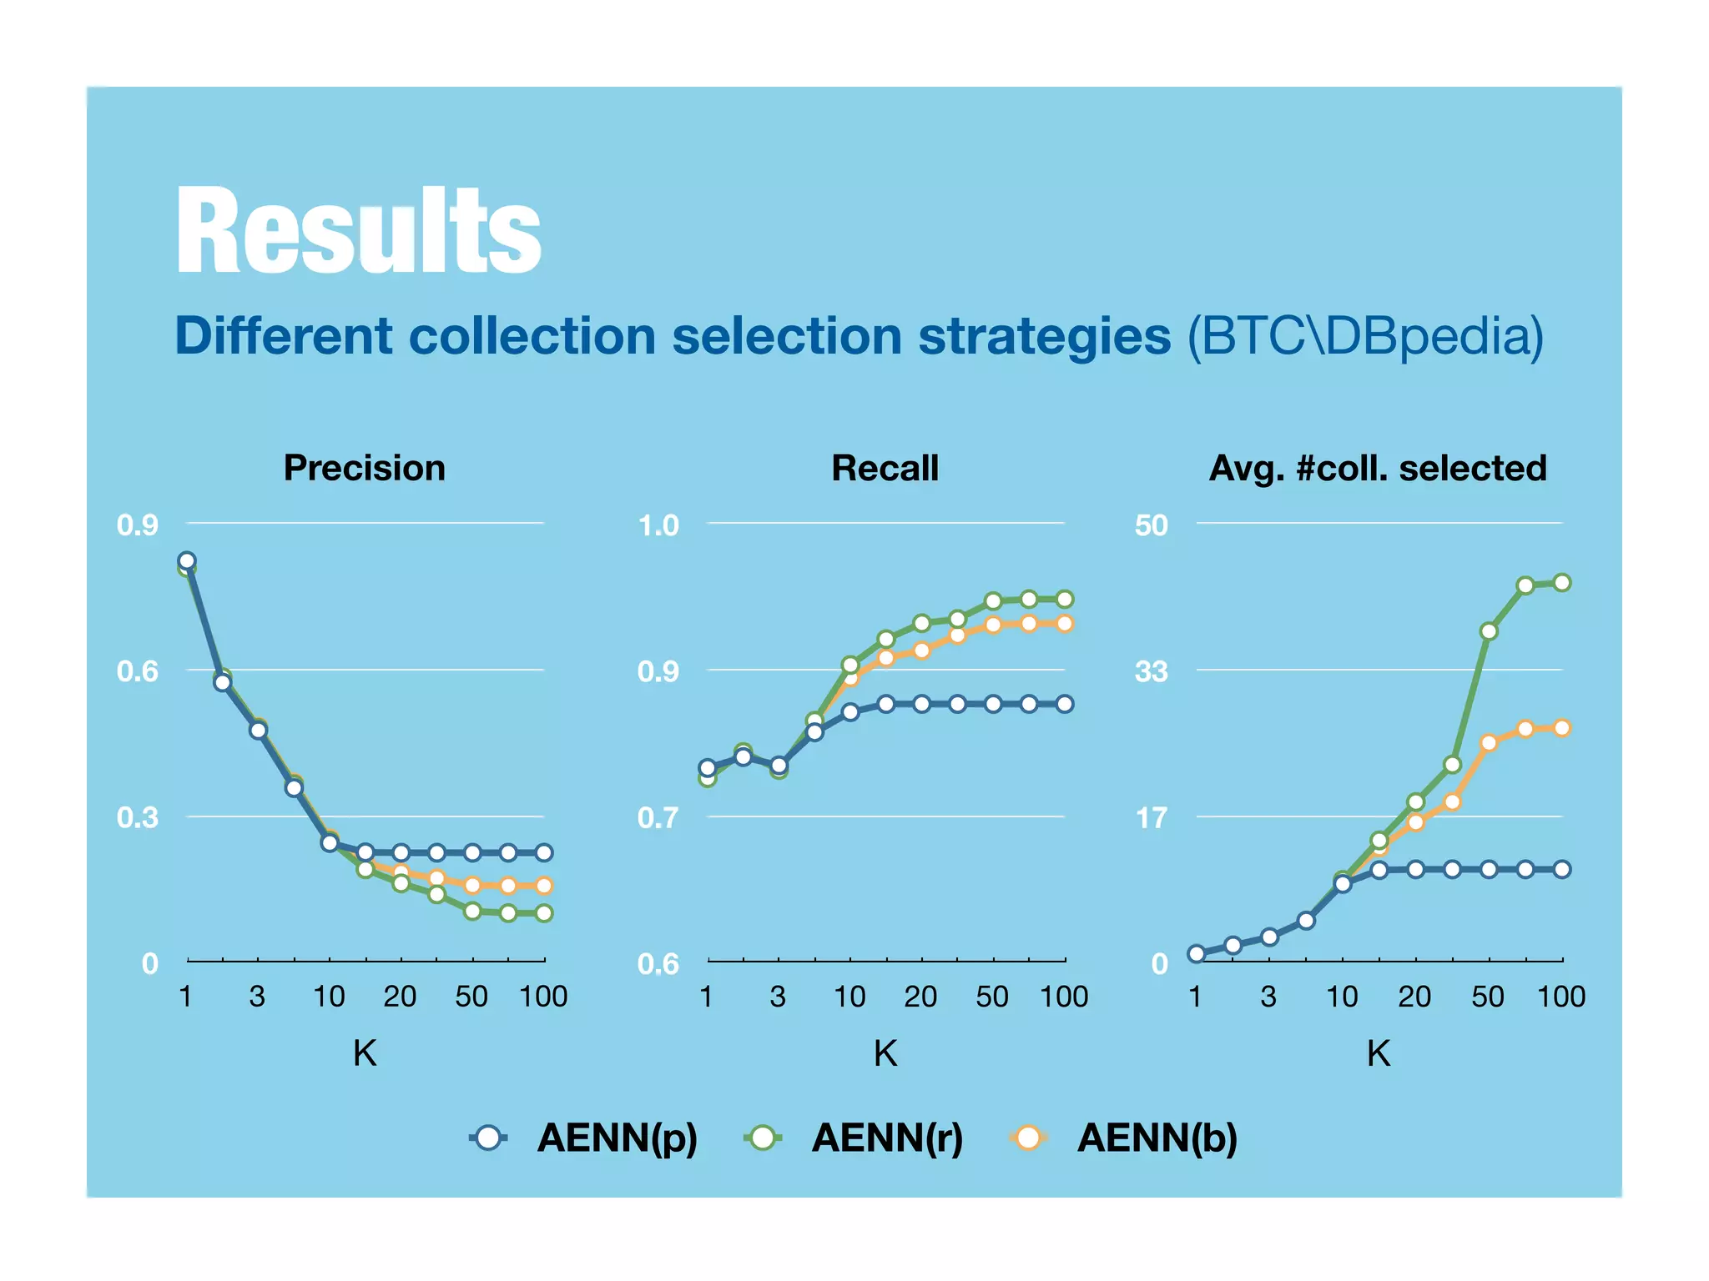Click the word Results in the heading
[x=359, y=231]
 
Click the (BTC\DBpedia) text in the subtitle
[x=1365, y=336]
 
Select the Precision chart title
[x=365, y=468]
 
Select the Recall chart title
[x=885, y=468]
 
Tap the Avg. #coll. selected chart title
[x=1378, y=468]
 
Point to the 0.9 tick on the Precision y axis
[x=138, y=525]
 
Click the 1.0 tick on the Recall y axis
[x=658, y=525]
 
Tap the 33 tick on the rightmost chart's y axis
[x=1152, y=671]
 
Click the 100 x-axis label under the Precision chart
[x=543, y=997]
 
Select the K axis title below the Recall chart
[x=885, y=1054]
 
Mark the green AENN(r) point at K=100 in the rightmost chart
[x=1562, y=583]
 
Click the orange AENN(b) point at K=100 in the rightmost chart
[x=1562, y=728]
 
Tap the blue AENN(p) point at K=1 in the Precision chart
[x=187, y=560]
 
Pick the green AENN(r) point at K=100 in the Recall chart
[x=1065, y=599]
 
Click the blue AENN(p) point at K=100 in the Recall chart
[x=1065, y=704]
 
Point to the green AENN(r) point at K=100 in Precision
[x=544, y=913]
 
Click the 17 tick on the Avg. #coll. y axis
[x=1152, y=818]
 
